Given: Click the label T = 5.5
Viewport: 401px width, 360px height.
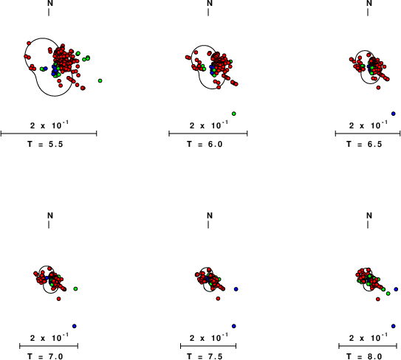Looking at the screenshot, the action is tap(45, 145).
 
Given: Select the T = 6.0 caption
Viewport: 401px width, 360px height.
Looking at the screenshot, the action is tap(205, 145).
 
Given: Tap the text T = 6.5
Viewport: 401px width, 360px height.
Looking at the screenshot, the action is tap(364, 145).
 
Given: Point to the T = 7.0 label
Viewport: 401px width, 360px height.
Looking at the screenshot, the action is tap(45, 356).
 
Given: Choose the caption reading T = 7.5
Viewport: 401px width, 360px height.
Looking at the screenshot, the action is tap(205, 356).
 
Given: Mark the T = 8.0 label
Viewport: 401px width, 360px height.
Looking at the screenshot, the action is tap(364, 356).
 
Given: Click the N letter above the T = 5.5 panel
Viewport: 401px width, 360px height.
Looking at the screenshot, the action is tap(50, 3).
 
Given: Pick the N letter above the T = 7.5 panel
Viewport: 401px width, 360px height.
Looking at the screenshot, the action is tap(210, 215).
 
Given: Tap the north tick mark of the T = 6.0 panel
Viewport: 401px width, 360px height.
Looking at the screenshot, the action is tap(208, 12).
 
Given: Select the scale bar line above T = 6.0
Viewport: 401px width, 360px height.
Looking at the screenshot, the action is tap(208, 134).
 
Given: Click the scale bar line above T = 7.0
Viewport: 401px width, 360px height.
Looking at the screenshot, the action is tap(49, 346).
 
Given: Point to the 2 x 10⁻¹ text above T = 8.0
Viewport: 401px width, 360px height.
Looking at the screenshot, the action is tap(369, 338).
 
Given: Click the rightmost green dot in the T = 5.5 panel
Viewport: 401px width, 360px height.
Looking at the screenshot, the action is tap(100, 80).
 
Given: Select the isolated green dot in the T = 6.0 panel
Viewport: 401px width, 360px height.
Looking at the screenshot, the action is tap(234, 114).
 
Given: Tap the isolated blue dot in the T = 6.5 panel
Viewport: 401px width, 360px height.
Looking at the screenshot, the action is tap(394, 114).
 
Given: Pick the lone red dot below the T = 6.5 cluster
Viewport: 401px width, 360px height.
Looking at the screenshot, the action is tap(378, 88).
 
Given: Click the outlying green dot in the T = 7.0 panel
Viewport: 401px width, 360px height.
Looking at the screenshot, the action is tap(75, 288).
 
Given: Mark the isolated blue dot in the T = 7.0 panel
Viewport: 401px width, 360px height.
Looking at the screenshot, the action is tap(75, 326).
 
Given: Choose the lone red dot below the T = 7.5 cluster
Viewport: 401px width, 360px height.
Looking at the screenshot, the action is tap(218, 299).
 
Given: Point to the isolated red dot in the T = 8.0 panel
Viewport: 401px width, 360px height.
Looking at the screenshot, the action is tap(378, 299).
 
